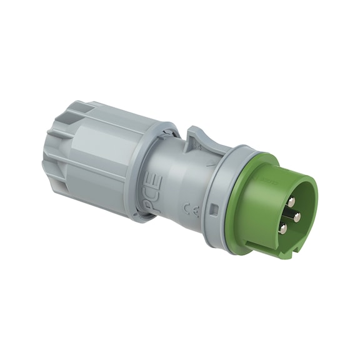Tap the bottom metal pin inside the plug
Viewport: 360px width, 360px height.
click(283, 230)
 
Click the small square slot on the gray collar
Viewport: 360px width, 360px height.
click(214, 208)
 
